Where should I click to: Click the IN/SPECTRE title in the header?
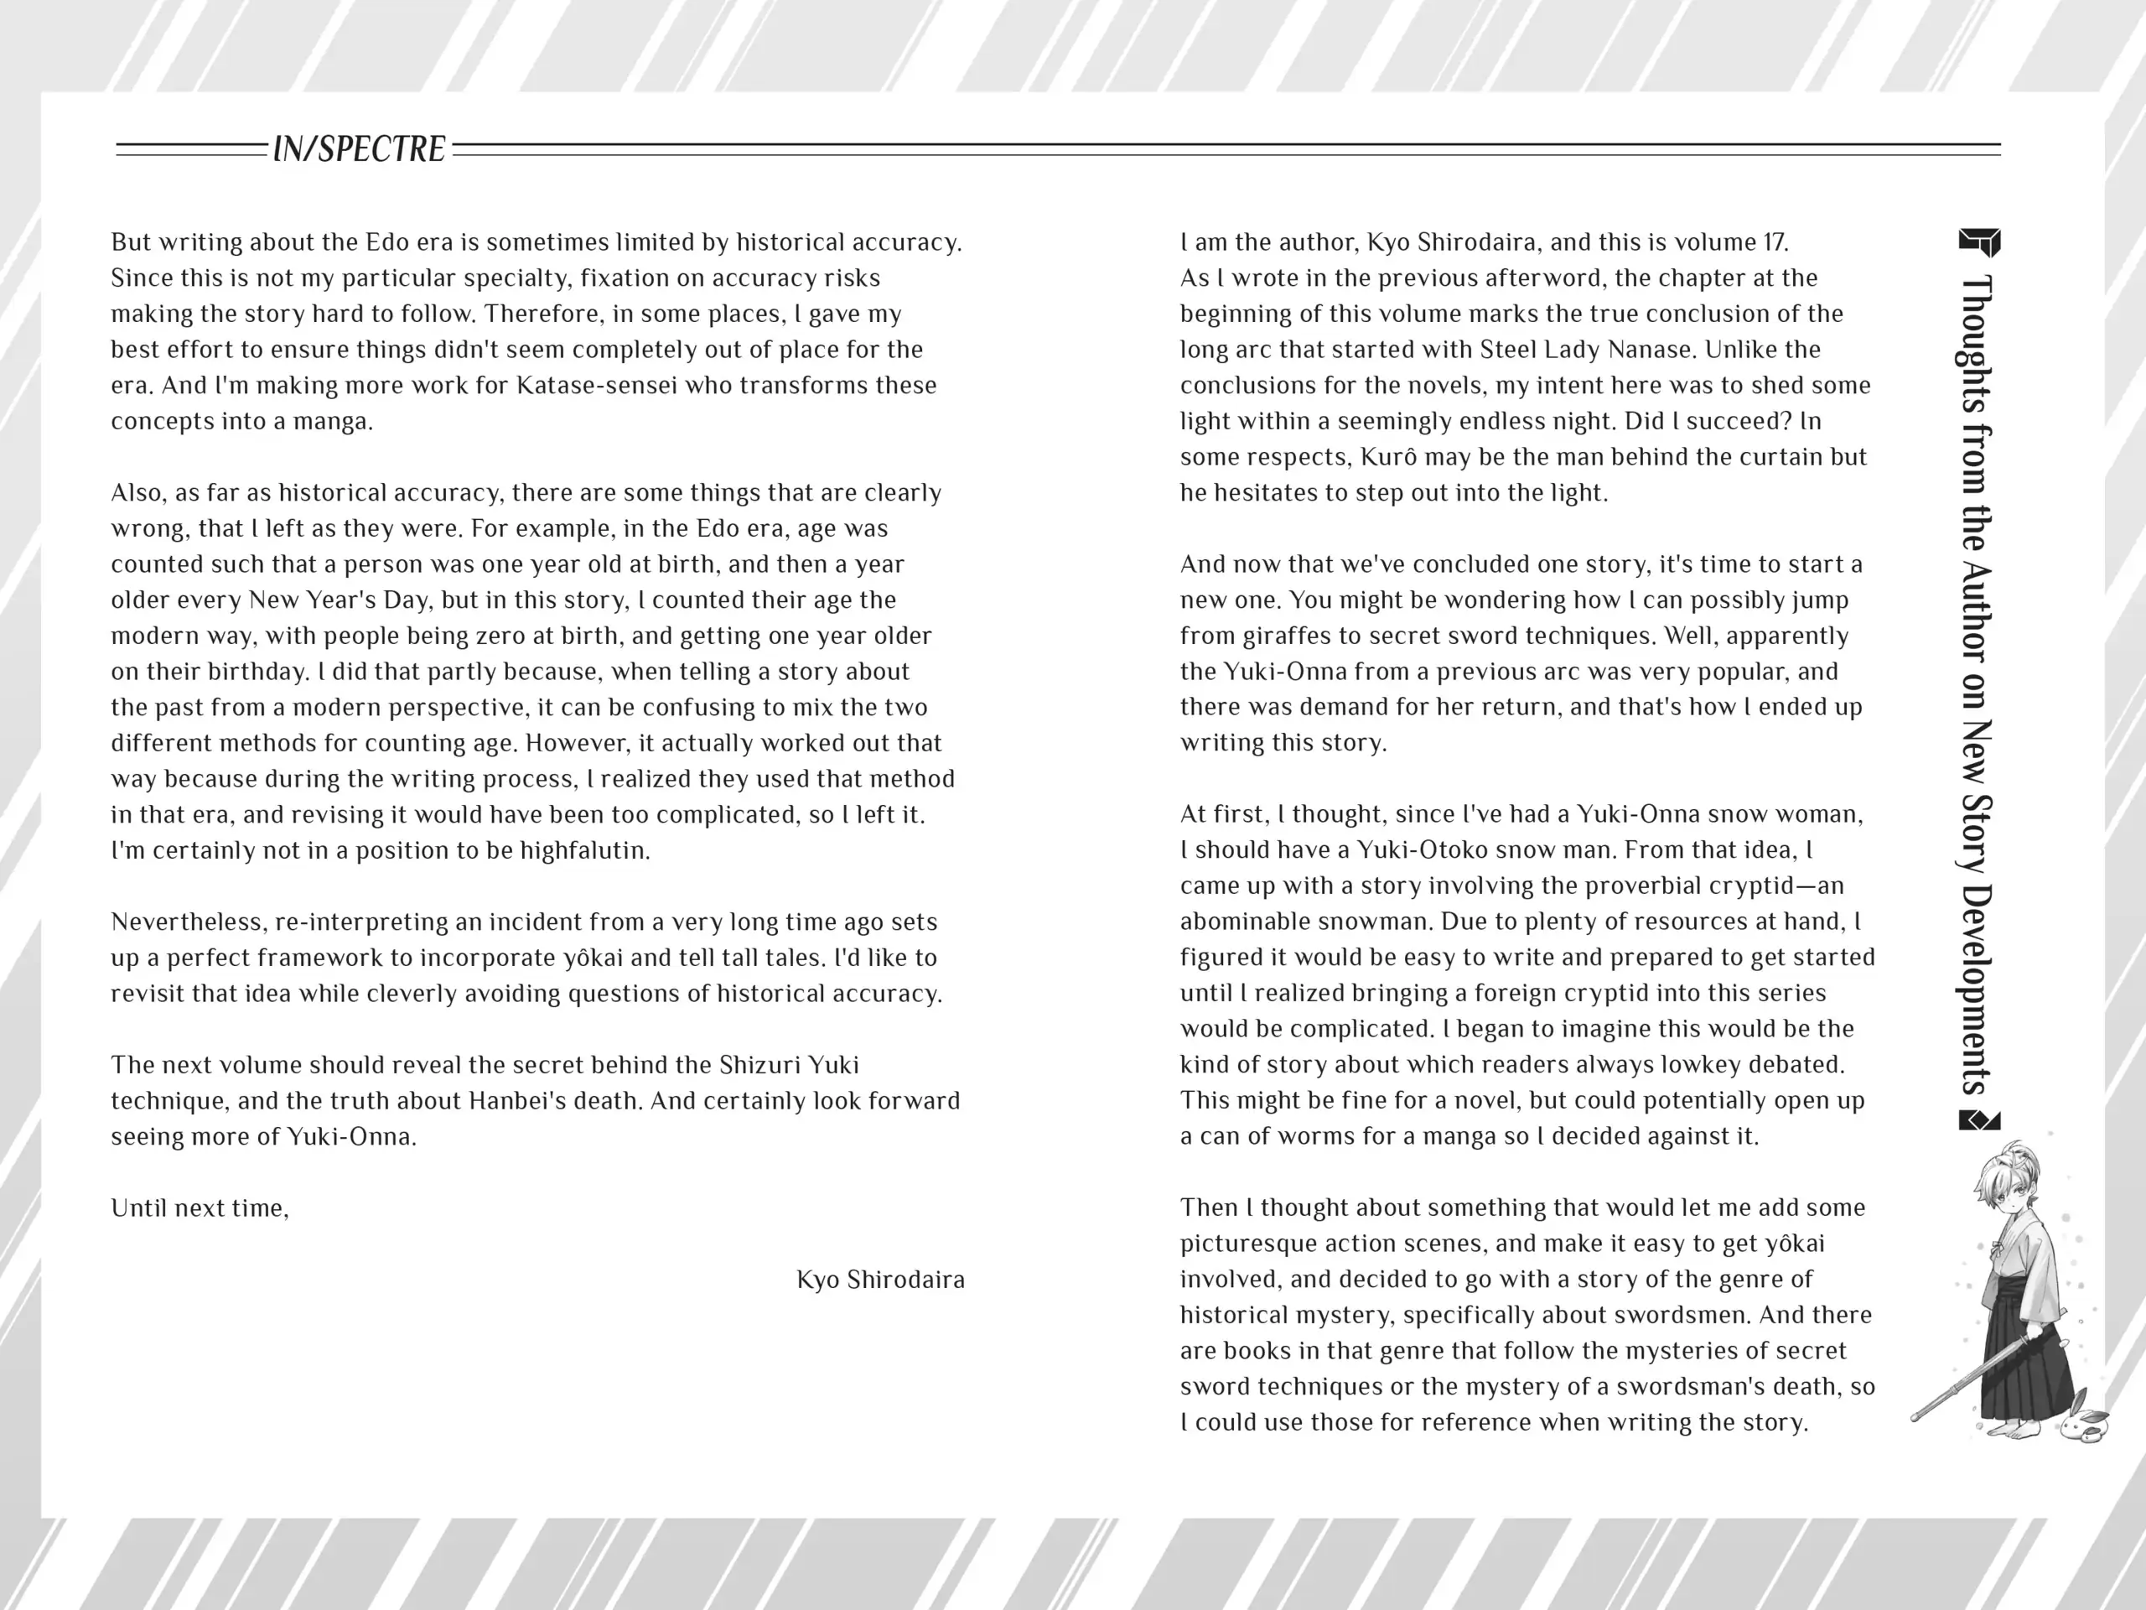tap(359, 149)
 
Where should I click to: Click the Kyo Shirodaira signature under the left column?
tap(880, 1280)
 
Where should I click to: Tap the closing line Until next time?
tap(200, 1209)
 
